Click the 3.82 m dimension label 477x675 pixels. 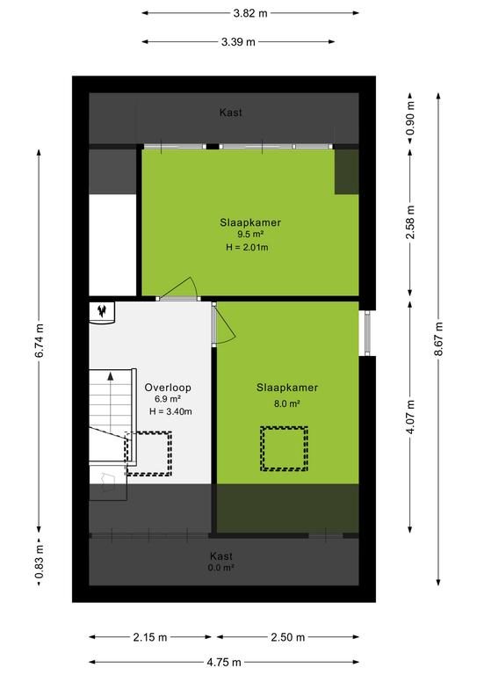pos(250,13)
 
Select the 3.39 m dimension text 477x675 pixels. pos(238,42)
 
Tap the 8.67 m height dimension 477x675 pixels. pos(438,338)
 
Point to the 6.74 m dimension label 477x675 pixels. pos(40,340)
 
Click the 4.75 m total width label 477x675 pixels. pos(224,662)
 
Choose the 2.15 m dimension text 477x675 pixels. pos(149,637)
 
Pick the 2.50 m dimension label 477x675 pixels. pos(288,637)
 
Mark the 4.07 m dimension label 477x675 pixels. pos(411,417)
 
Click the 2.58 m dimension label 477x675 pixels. pos(411,221)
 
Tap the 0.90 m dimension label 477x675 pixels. pos(411,118)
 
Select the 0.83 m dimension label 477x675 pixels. pos(40,562)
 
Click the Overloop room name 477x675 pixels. pos(168,388)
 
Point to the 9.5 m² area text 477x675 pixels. pos(250,234)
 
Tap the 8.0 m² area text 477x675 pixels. pos(287,403)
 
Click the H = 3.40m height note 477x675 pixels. pos(170,411)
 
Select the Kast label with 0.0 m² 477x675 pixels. pos(221,562)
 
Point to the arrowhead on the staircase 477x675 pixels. pos(111,376)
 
